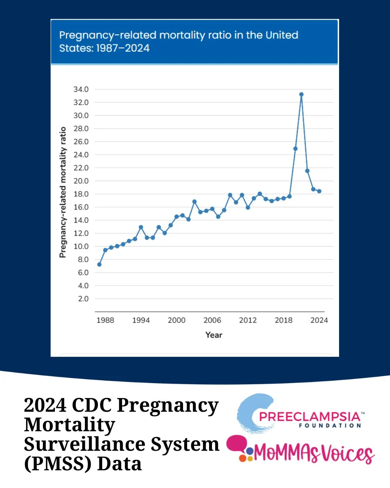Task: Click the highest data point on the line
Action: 301,94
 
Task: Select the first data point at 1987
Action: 99,264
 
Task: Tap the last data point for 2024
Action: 319,191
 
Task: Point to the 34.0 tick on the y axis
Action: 81,89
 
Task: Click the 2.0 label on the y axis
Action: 83,299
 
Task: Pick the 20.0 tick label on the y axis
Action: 81,181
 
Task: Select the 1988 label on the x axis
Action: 105,320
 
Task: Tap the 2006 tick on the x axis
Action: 212,320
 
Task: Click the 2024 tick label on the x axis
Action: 319,320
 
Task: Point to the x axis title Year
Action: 214,335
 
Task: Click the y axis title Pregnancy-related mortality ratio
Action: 63,192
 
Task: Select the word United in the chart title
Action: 282,35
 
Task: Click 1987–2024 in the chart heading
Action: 123,48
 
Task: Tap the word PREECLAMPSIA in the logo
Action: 309,416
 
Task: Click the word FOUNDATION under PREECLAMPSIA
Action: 330,426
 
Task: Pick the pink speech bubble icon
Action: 237,444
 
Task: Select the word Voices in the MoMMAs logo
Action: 347,453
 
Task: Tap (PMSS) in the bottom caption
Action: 58,464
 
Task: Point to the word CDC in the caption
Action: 92,405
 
